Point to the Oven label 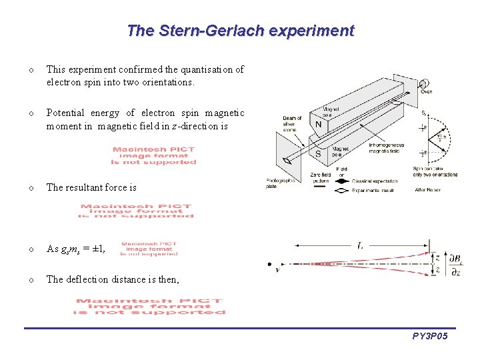pos(426,93)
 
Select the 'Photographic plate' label pos(280,184)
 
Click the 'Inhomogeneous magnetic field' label pos(383,147)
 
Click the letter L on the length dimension pos(360,246)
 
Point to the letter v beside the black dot pos(277,270)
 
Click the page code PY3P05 pos(429,337)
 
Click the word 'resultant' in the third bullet pos(83,187)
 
